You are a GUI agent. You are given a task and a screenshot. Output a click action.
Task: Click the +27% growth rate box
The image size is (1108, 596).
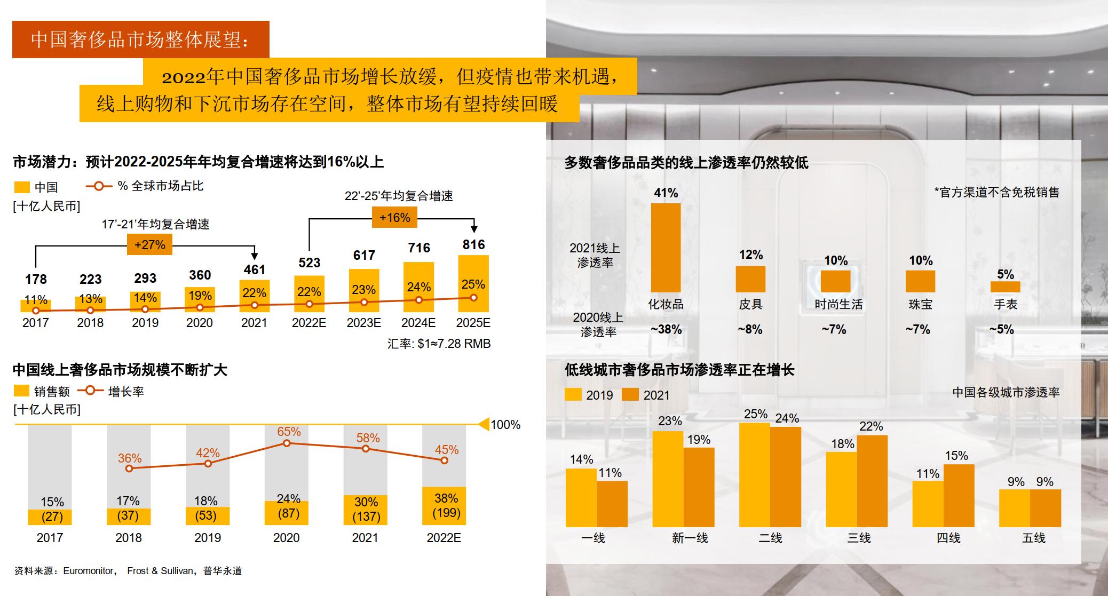tap(149, 245)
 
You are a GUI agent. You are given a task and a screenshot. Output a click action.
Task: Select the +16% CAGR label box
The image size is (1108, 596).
tap(394, 218)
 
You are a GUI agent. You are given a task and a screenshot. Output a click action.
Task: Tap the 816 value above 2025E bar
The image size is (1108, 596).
tap(473, 244)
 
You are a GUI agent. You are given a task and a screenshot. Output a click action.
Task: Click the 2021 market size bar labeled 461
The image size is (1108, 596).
tap(255, 296)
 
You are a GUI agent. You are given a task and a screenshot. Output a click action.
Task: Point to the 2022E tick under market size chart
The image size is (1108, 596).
tap(308, 323)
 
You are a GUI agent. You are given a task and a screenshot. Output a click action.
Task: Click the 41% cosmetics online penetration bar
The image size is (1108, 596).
tap(666, 248)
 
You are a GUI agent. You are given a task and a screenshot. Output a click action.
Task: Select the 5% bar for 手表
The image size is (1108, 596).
tap(1005, 287)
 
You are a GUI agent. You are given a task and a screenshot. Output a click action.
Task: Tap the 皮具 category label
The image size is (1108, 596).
tap(750, 304)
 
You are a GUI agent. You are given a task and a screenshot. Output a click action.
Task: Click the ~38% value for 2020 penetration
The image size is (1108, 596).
tap(666, 329)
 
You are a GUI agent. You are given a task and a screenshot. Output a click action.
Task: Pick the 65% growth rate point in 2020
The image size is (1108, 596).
tap(287, 443)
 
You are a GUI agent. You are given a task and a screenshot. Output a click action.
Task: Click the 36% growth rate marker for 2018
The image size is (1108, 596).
tap(129, 468)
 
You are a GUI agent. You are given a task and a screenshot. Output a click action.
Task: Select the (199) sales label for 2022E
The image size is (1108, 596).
tap(446, 513)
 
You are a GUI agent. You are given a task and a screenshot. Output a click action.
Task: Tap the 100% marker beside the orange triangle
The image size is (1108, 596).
tap(505, 425)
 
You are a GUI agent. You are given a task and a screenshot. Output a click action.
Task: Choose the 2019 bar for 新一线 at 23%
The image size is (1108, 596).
tap(668, 479)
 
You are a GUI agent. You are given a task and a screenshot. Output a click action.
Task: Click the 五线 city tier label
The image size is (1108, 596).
tap(1033, 538)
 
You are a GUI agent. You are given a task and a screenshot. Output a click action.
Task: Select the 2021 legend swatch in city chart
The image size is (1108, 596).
tap(630, 395)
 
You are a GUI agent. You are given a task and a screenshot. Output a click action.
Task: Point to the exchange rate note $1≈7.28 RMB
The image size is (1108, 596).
tap(439, 344)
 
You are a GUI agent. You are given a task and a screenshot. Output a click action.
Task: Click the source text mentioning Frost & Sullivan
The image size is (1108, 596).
tap(160, 571)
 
